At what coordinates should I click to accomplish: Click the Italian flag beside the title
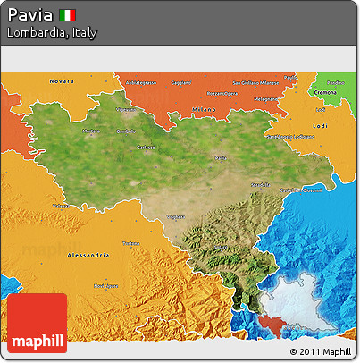point(68,15)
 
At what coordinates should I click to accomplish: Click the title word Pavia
point(29,15)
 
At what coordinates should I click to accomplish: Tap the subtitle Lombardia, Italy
point(51,32)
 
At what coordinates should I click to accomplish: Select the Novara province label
point(62,81)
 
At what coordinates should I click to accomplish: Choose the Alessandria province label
point(88,254)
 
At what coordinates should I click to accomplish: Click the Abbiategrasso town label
point(141,82)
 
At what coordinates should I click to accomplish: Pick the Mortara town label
point(91,131)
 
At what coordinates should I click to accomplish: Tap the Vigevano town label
point(126,110)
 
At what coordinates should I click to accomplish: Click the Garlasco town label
point(146,147)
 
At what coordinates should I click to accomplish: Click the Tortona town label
point(130,242)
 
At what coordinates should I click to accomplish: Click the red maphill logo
point(37,324)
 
